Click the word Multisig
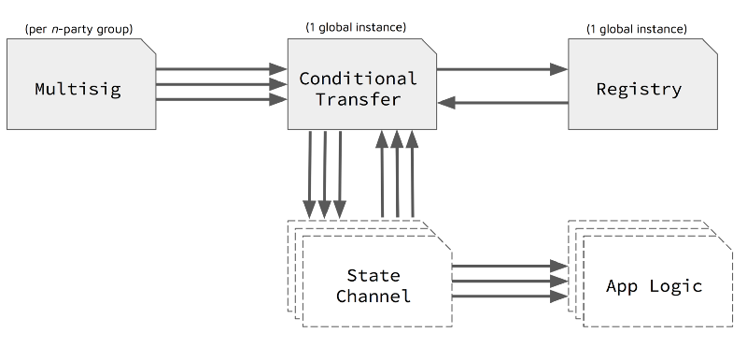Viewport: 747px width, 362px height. coord(79,90)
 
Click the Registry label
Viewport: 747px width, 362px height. coord(639,90)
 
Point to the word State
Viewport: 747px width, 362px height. coord(373,275)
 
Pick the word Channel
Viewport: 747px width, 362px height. coord(373,297)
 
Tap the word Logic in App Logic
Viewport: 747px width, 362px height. coord(674,286)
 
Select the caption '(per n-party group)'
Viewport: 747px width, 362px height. coord(79,30)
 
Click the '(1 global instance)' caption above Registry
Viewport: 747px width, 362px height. coord(636,29)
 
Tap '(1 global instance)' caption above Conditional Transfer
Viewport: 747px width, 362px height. coord(356,26)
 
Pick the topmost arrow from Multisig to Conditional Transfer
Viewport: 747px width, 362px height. coord(220,69)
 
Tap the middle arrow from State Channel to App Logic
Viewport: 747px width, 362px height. coord(509,281)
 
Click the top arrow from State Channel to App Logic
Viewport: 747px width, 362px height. coord(509,267)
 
